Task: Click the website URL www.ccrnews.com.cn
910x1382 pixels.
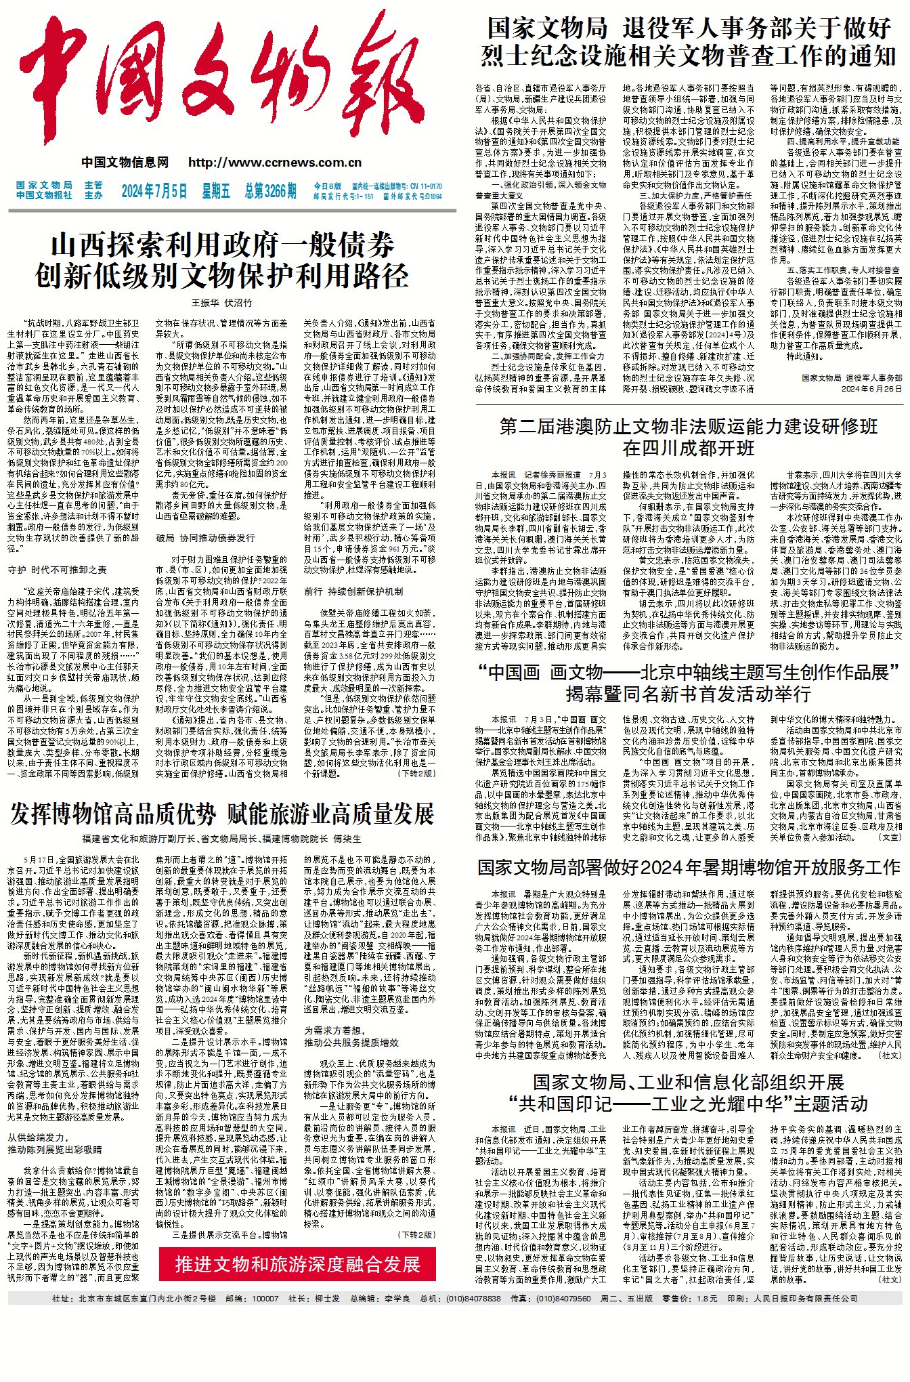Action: pyautogui.click(x=275, y=163)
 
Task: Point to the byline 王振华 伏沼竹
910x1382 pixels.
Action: pyautogui.click(x=221, y=303)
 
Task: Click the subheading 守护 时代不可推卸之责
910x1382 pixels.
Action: pyautogui.click(x=58, y=570)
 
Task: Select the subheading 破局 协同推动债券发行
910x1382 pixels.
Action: pyautogui.click(x=206, y=538)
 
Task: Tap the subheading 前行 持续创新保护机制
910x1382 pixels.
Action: pyautogui.click(x=353, y=591)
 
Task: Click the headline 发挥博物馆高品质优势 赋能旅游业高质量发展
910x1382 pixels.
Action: pyautogui.click(x=222, y=814)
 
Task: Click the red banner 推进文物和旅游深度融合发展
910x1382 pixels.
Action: pyautogui.click(x=298, y=1245)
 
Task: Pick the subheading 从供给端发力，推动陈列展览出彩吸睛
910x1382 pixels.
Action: pyautogui.click(x=54, y=1144)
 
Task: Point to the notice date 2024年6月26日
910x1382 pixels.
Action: pyautogui.click(x=871, y=389)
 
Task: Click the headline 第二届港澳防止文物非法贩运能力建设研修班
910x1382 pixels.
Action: pyautogui.click(x=689, y=426)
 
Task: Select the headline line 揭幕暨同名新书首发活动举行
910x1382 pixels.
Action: pyautogui.click(x=689, y=694)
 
